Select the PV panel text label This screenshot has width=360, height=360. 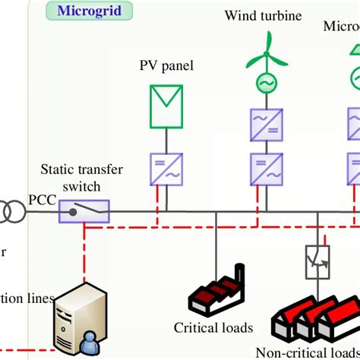[166, 66]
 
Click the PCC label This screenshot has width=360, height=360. [41, 200]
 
